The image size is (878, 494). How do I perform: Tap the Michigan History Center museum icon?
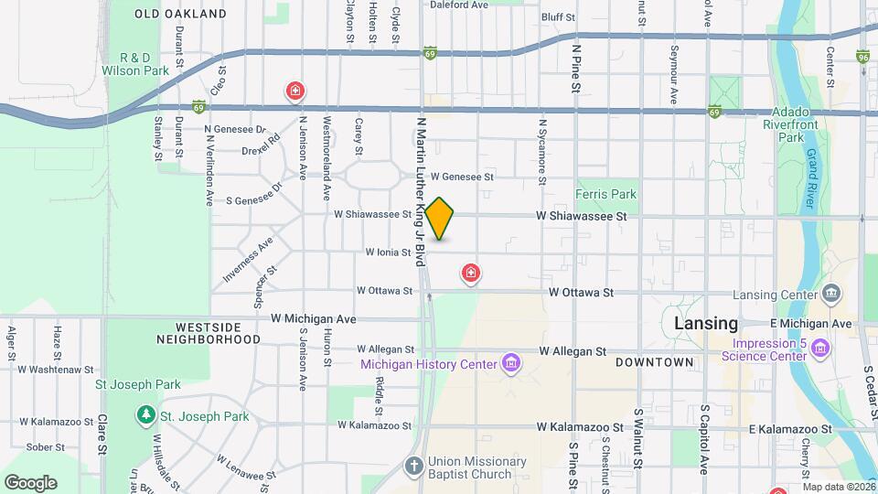pyautogui.click(x=511, y=364)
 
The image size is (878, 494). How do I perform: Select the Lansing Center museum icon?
pyautogui.click(x=831, y=294)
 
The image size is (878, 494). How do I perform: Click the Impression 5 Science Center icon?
pyautogui.click(x=820, y=349)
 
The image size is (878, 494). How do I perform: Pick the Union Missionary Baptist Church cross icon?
pyautogui.click(x=414, y=467)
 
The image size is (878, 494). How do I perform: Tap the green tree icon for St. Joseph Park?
pyautogui.click(x=145, y=416)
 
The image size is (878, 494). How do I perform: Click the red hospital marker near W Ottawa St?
pyautogui.click(x=471, y=274)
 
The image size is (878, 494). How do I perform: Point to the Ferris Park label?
pyautogui.click(x=605, y=194)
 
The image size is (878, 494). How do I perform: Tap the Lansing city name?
pyautogui.click(x=705, y=323)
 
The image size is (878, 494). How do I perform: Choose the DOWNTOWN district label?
pyautogui.click(x=654, y=362)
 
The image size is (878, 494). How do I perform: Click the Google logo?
pyautogui.click(x=30, y=482)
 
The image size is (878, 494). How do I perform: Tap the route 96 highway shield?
pyautogui.click(x=863, y=58)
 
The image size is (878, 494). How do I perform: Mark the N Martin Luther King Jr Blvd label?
pyautogui.click(x=422, y=192)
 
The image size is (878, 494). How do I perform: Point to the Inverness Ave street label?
pyautogui.click(x=247, y=259)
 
